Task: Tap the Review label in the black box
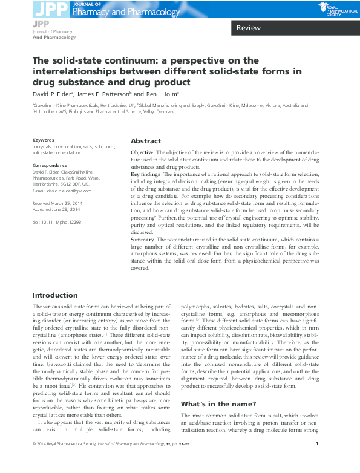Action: pos(248,28)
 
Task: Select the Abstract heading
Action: pos(146,140)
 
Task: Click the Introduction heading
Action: pos(55,295)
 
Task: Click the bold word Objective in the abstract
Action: pos(142,152)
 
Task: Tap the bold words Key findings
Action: pos(146,174)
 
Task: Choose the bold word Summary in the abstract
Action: pos(143,240)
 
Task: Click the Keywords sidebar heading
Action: pos(43,139)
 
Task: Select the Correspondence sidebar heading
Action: pos(49,165)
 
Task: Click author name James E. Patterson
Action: pos(104,94)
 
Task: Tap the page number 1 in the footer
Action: pos(318,462)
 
